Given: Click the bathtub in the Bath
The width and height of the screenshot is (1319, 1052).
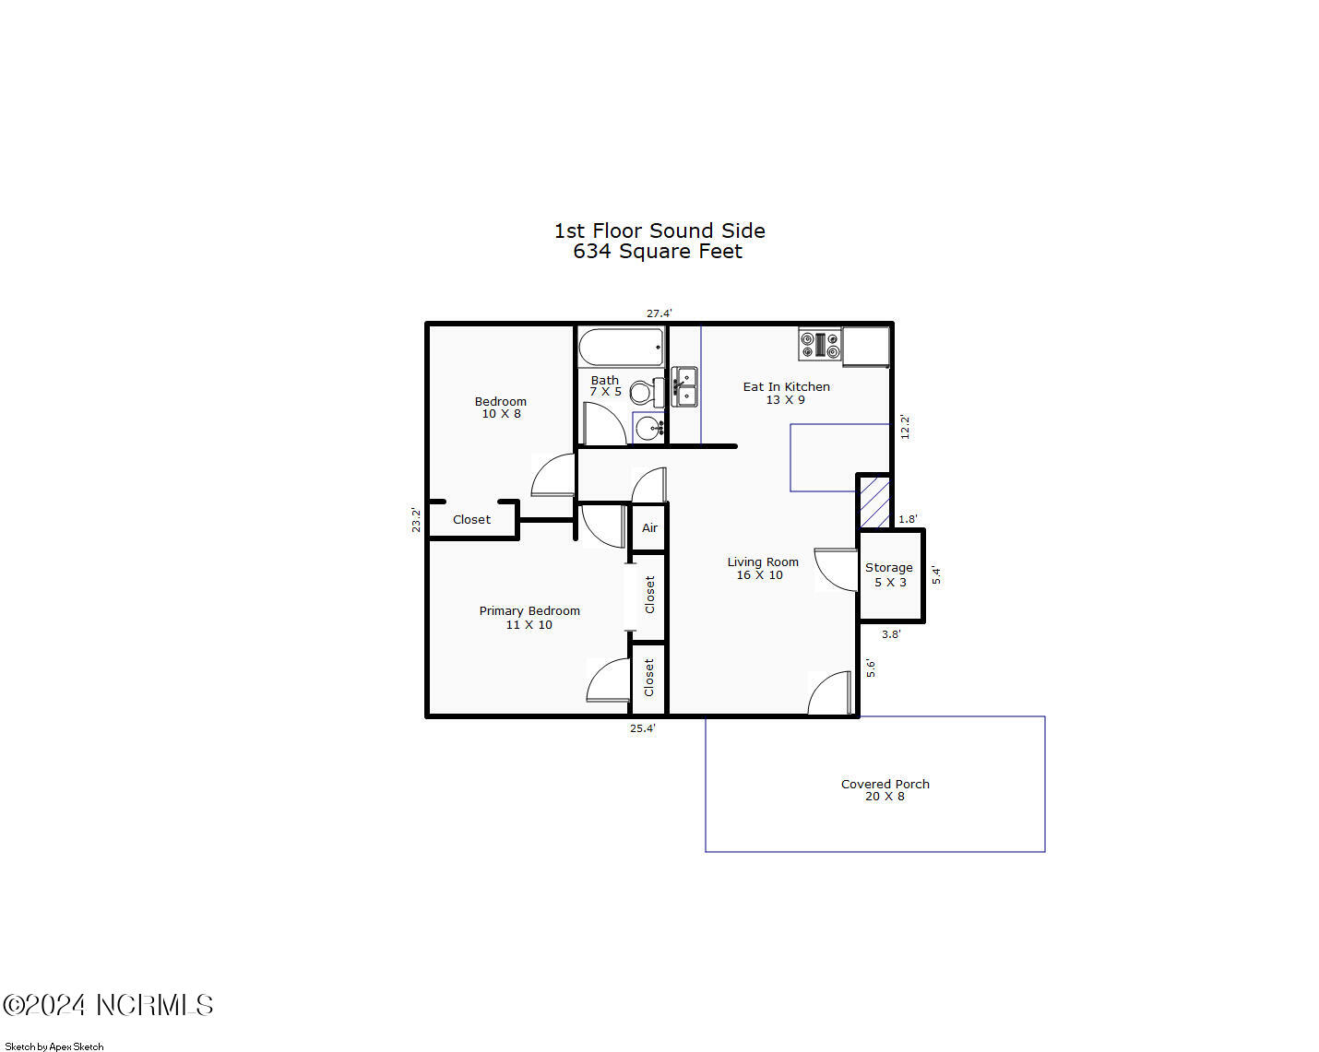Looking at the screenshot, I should click(x=621, y=348).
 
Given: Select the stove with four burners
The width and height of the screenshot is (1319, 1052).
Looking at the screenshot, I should click(x=820, y=345).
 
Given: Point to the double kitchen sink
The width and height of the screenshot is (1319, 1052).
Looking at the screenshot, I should click(x=684, y=386).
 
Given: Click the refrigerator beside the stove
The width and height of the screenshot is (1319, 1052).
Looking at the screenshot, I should click(x=866, y=347).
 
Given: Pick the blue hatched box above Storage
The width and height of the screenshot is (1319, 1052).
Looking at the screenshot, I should click(x=874, y=502).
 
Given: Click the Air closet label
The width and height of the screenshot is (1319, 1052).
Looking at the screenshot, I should click(x=649, y=528).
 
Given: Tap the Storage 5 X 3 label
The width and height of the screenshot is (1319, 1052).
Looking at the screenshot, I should click(x=889, y=574).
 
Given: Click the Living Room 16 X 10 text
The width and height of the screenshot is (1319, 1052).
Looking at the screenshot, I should click(x=762, y=568).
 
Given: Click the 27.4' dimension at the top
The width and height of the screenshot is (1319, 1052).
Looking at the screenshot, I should click(x=659, y=313).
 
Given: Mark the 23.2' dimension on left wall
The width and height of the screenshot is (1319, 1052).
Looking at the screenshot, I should click(x=416, y=520).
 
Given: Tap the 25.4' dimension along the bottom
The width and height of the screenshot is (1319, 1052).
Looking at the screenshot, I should click(x=642, y=728).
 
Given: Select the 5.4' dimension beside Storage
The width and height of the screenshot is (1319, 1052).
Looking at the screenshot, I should click(x=935, y=575).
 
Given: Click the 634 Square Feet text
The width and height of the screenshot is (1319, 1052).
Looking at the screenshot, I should click(x=658, y=252).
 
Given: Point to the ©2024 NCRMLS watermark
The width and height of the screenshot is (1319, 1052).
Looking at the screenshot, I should click(x=108, y=1005).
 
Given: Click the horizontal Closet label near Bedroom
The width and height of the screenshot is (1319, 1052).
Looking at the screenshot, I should click(x=471, y=520).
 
